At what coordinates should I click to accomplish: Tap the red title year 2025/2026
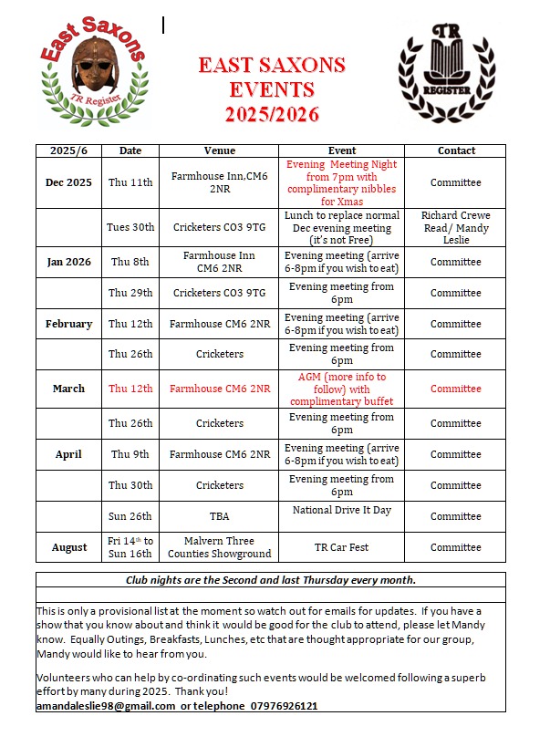point(273,115)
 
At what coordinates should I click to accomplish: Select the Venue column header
point(220,150)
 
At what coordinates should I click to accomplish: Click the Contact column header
point(455,150)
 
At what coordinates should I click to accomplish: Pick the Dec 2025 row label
point(68,182)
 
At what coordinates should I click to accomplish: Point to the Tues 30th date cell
point(130,227)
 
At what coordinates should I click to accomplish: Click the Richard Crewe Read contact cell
point(455,227)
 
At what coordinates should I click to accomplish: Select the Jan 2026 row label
point(68,262)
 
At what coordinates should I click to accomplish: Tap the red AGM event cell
point(342,389)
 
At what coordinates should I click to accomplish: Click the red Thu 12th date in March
point(130,389)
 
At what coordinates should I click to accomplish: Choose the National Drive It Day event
point(342,510)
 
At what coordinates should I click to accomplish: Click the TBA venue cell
point(220,516)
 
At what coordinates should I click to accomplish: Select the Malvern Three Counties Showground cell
point(220,547)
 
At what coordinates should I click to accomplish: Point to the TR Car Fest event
point(342,547)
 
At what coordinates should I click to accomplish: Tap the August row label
point(68,547)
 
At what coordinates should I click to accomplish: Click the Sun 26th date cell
point(130,516)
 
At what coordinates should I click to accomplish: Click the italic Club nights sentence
point(270,580)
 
